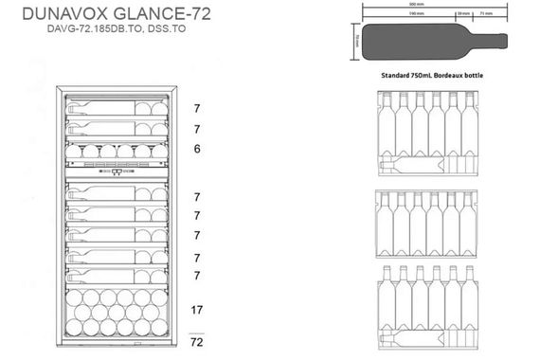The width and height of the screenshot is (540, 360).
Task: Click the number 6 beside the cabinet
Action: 196,149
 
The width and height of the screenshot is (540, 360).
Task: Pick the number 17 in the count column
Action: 197,309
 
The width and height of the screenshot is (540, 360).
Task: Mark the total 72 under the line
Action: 197,340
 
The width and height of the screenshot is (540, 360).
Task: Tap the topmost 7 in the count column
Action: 196,108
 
